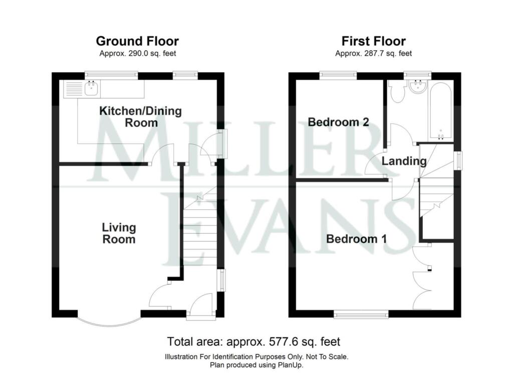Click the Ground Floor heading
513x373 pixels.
point(137,41)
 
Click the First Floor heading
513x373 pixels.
point(374,41)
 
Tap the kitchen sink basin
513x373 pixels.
point(91,88)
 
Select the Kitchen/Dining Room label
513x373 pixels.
point(141,117)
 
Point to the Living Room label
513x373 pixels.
point(119,233)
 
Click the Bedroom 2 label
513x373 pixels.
point(338,122)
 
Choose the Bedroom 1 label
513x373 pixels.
point(356,239)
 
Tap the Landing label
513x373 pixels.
point(404,161)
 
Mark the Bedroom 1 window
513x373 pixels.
point(361,314)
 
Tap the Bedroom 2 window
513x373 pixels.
point(338,76)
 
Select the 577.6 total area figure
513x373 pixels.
point(287,341)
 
